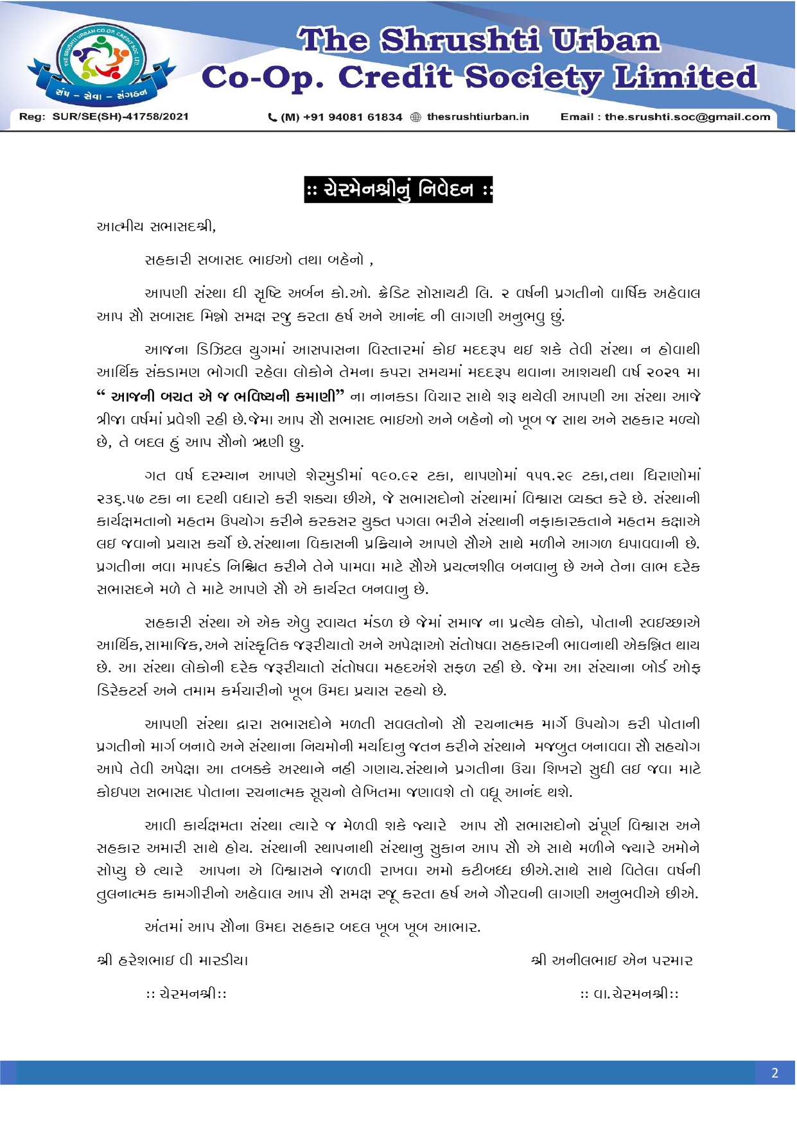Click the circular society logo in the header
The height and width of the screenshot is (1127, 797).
pyautogui.click(x=100, y=62)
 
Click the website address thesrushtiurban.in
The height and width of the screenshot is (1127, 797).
pyautogui.click(x=478, y=117)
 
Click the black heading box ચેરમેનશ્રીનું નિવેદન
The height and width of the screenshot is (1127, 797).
pyautogui.click(x=398, y=189)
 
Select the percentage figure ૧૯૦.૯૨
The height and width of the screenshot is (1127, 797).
pyautogui.click(x=401, y=476)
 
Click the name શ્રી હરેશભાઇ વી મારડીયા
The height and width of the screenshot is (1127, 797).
pyautogui.click(x=172, y=961)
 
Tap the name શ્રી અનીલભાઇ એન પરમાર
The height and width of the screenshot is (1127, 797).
pyautogui.click(x=612, y=961)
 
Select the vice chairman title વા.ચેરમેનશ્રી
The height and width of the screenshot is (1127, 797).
pyautogui.click(x=629, y=994)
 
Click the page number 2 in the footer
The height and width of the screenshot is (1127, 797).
pyautogui.click(x=775, y=1072)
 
